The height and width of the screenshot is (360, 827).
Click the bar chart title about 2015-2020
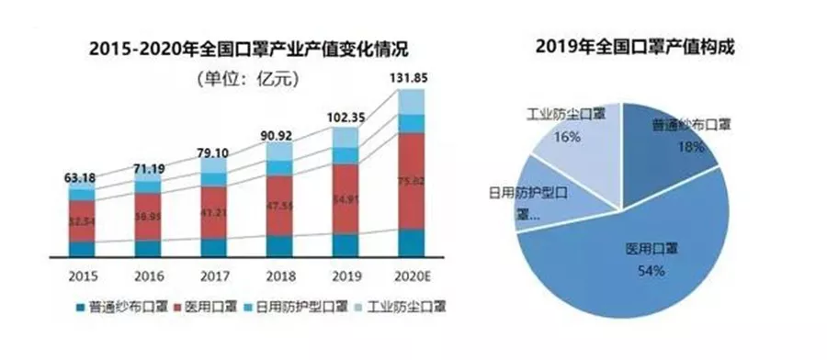click(x=250, y=48)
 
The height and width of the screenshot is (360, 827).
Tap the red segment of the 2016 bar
click(x=148, y=217)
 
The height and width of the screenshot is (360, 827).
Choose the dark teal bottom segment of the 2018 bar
click(x=280, y=245)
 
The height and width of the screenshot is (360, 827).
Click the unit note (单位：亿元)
click(x=245, y=79)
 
